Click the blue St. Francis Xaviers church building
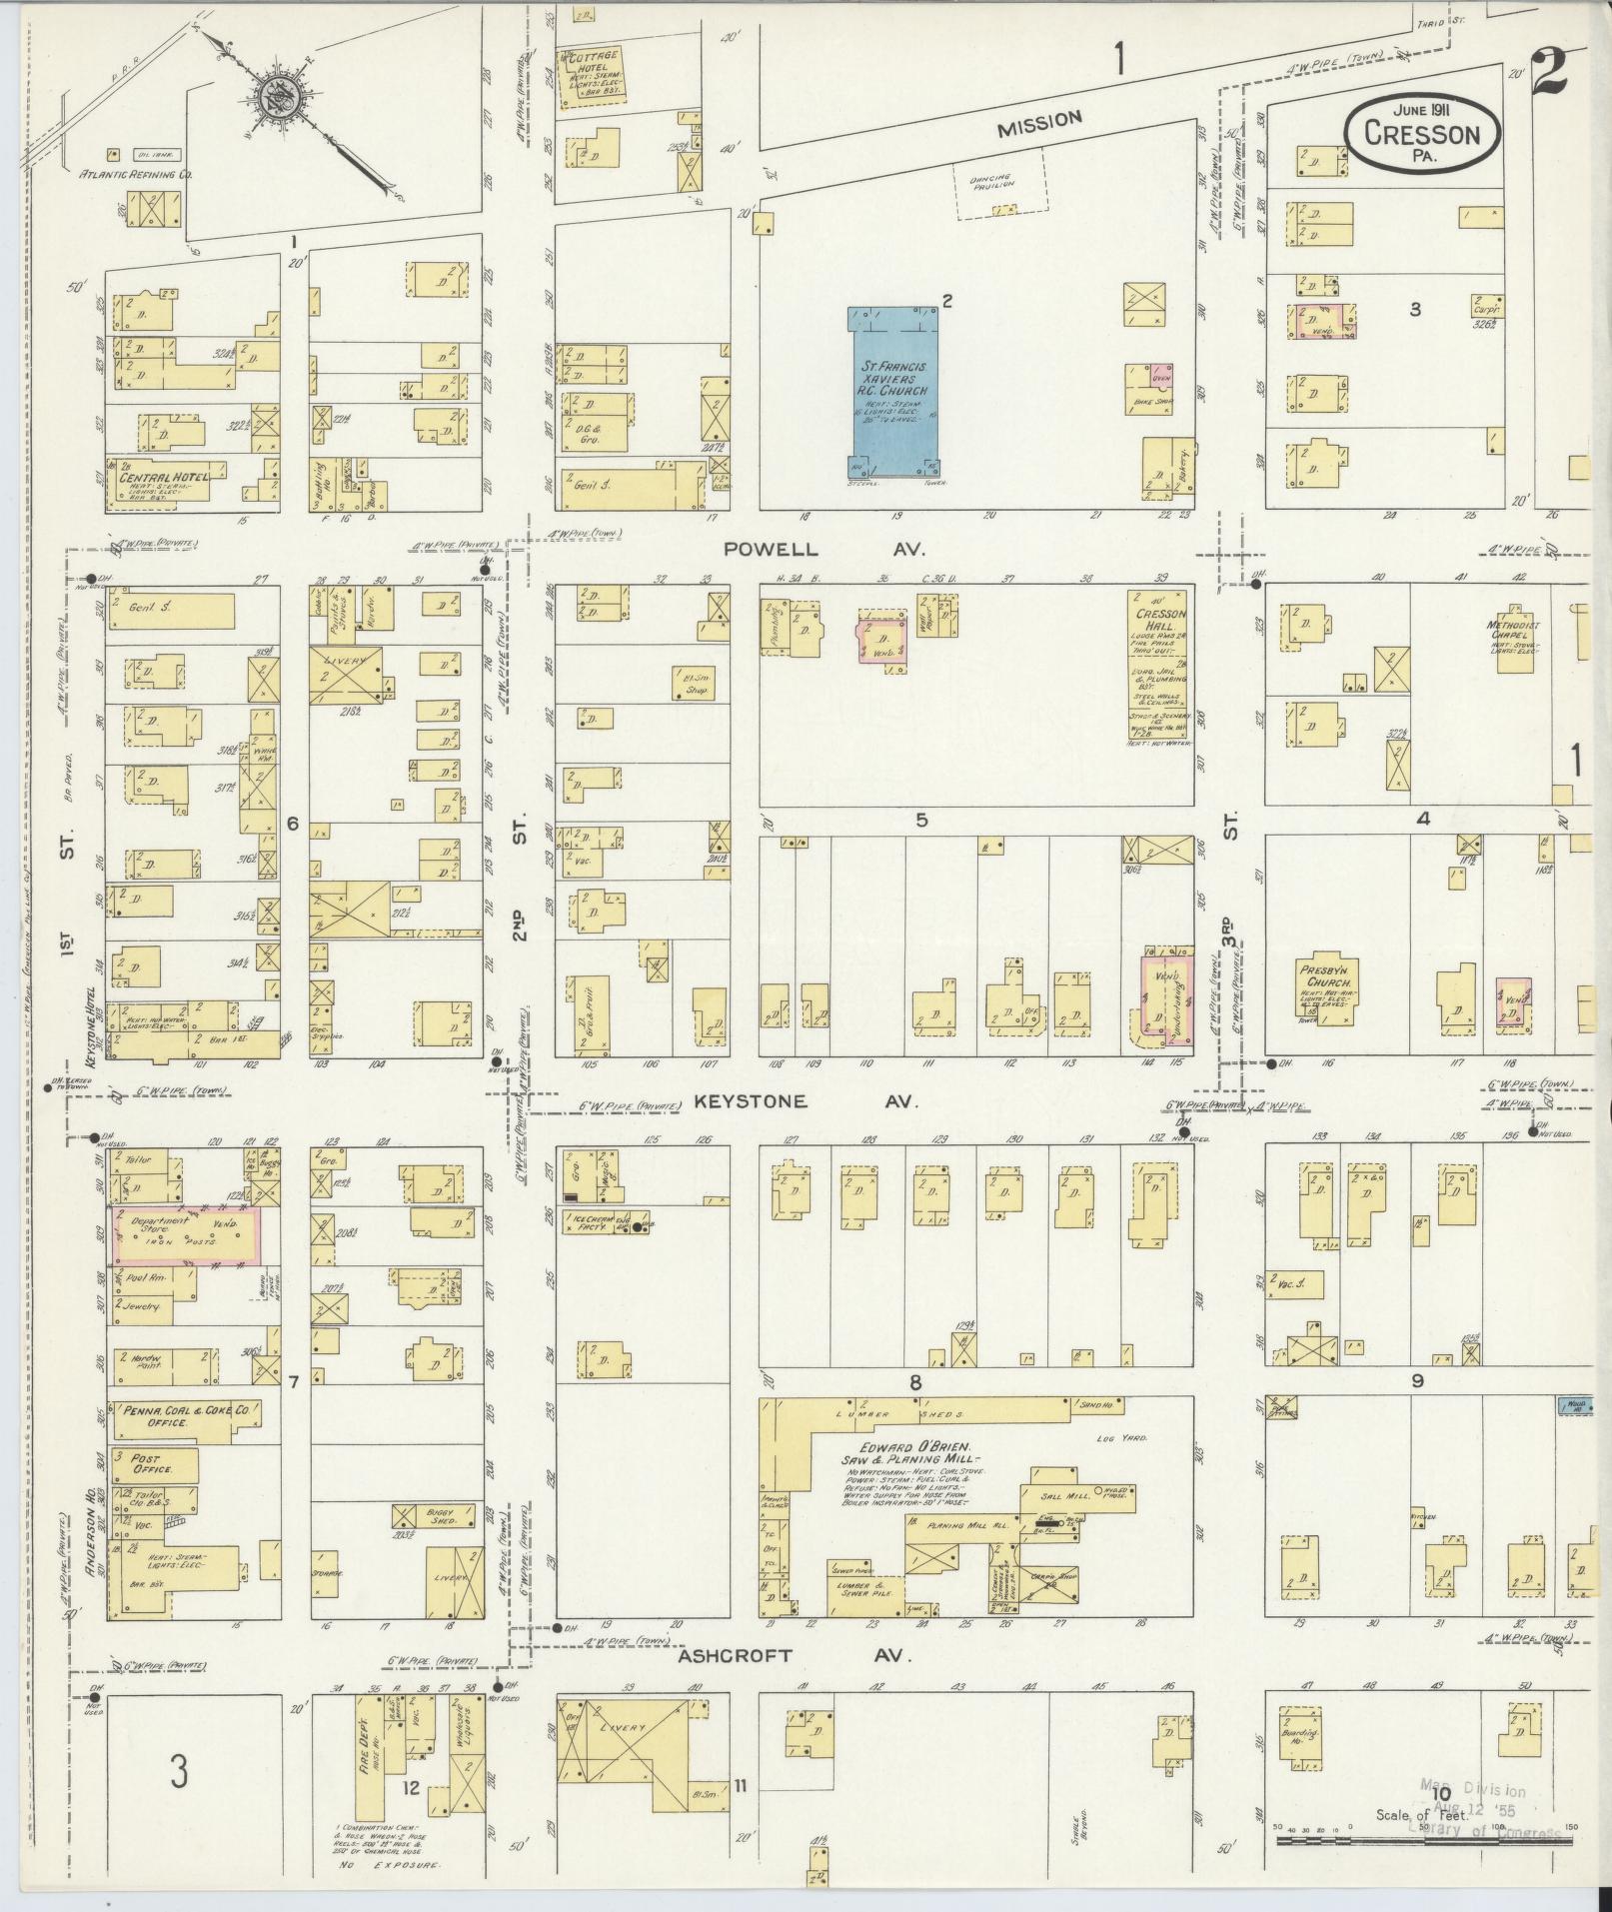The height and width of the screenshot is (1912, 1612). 894,394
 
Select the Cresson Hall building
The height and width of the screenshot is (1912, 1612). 1158,666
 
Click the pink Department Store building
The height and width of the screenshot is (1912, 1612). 185,1234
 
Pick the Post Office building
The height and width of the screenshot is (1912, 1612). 154,1465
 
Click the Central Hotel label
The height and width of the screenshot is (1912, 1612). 164,477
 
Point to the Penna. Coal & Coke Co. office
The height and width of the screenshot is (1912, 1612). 186,1414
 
